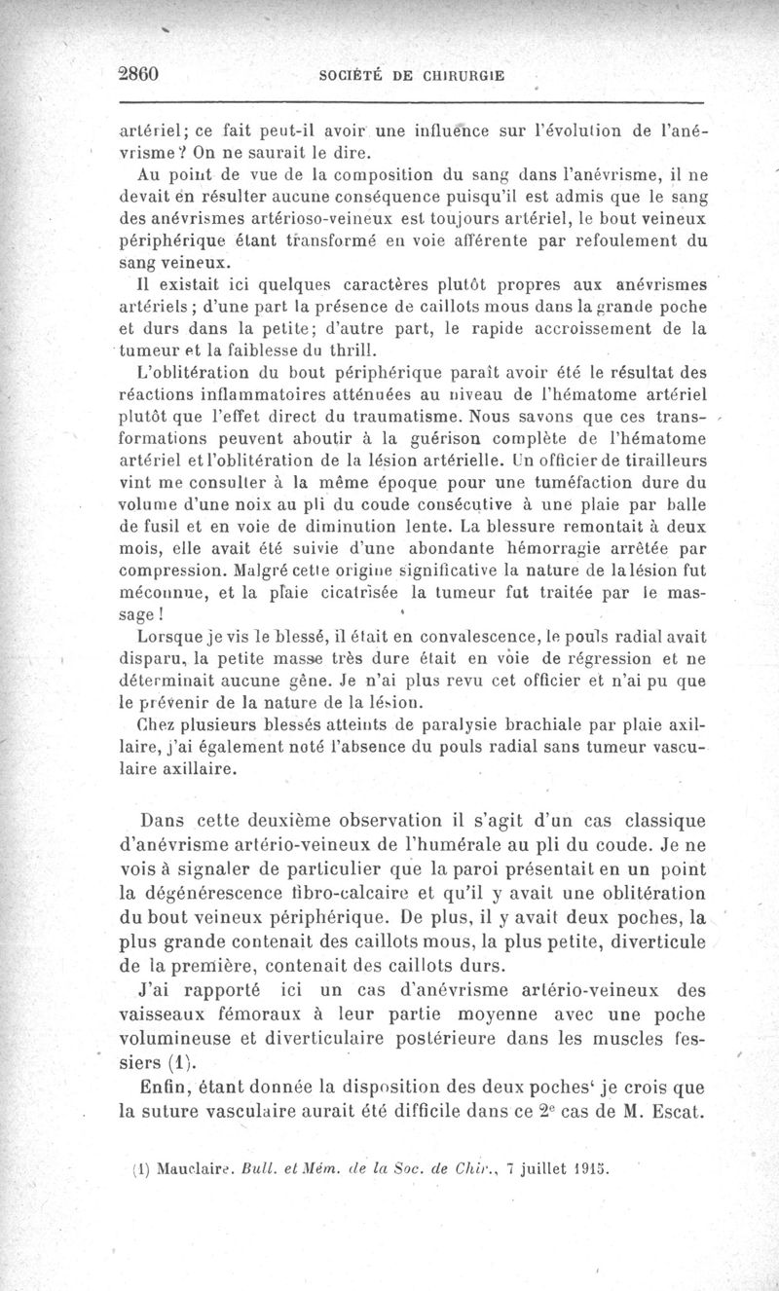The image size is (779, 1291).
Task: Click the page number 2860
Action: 138,75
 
